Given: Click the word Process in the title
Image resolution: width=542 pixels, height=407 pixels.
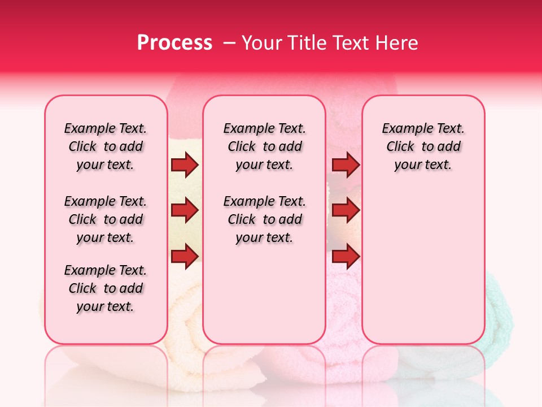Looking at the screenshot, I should coord(174,42).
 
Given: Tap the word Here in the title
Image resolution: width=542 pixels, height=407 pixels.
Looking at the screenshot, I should coord(398,42).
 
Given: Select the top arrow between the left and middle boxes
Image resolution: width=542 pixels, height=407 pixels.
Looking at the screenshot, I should coord(185,164).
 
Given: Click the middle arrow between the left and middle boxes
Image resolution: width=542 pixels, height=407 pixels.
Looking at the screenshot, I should coord(185,210).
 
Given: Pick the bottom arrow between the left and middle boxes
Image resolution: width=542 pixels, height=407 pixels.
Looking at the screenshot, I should coord(185,256).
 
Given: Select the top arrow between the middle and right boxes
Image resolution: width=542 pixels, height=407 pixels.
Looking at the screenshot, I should coord(346,164).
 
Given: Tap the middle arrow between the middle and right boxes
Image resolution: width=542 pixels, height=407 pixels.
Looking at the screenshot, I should coord(346,210).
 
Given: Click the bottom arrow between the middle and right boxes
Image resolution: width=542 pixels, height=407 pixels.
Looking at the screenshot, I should coord(346,256).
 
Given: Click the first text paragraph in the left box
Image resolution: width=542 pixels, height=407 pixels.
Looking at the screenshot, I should coord(106,146).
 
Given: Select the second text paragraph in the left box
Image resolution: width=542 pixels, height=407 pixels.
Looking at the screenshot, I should coord(106,219).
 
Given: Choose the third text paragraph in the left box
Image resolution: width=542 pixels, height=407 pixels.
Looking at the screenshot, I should coord(106,288).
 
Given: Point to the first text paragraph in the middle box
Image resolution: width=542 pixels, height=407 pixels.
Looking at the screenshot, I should coord(264,146).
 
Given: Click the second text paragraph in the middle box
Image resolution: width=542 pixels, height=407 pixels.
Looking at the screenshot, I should coord(264,219).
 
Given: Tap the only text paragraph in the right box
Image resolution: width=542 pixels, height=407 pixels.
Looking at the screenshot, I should coord(423,146).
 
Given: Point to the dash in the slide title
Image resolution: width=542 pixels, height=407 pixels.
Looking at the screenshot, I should coord(229,43).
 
